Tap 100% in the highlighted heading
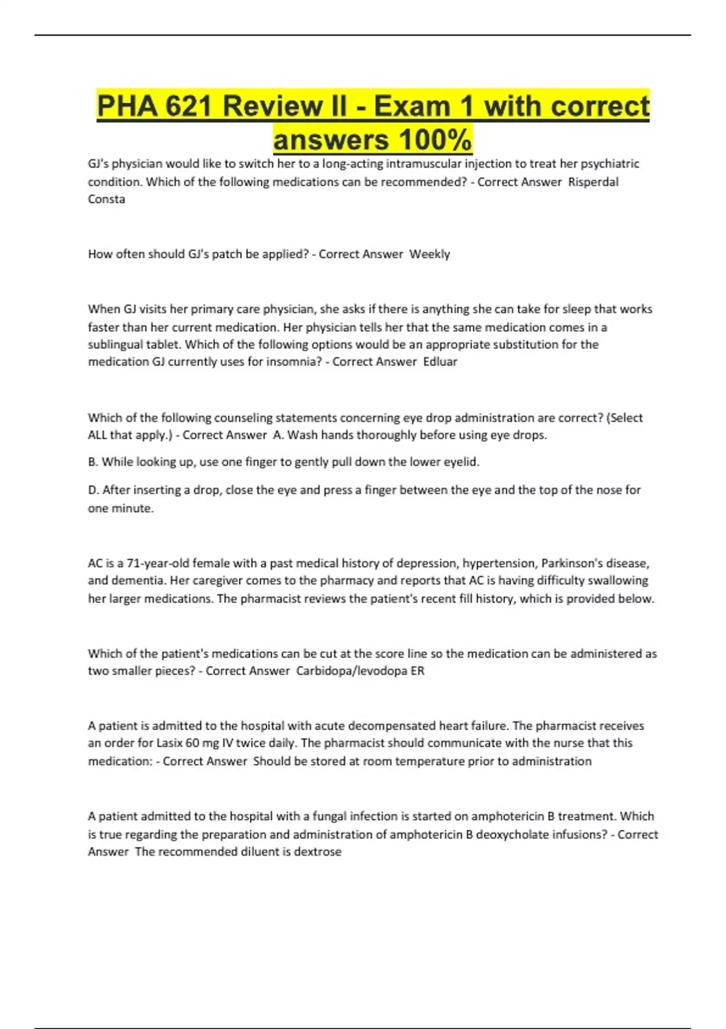[435, 140]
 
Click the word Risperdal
[593, 182]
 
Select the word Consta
[106, 199]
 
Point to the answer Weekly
[430, 254]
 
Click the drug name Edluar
[440, 362]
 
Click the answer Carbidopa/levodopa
[352, 671]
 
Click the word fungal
[332, 816]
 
